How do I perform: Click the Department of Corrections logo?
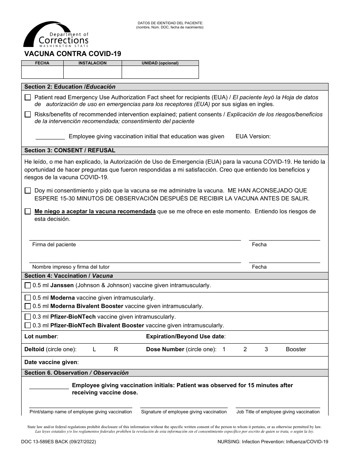[x=56, y=35]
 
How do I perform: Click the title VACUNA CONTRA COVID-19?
[x=73, y=54]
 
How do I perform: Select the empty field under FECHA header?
[x=42, y=72]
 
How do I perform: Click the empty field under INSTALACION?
[x=92, y=72]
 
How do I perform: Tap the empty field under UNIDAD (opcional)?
[x=160, y=72]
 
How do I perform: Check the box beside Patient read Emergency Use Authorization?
[x=28, y=97]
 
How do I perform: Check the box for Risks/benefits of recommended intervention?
[x=28, y=114]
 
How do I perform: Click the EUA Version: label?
[x=253, y=136]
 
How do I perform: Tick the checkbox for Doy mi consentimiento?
[x=28, y=191]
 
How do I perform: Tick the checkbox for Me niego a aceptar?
[x=28, y=211]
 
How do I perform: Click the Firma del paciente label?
[x=54, y=245]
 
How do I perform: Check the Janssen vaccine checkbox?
[x=28, y=285]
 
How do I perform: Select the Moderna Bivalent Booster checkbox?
[x=28, y=306]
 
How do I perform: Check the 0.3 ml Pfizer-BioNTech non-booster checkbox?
[x=28, y=317]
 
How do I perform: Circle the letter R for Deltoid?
[x=116, y=349]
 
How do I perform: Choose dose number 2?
[x=245, y=349]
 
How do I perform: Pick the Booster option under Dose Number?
[x=296, y=349]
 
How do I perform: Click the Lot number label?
[x=41, y=336]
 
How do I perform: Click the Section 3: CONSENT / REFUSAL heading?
[x=70, y=150]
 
